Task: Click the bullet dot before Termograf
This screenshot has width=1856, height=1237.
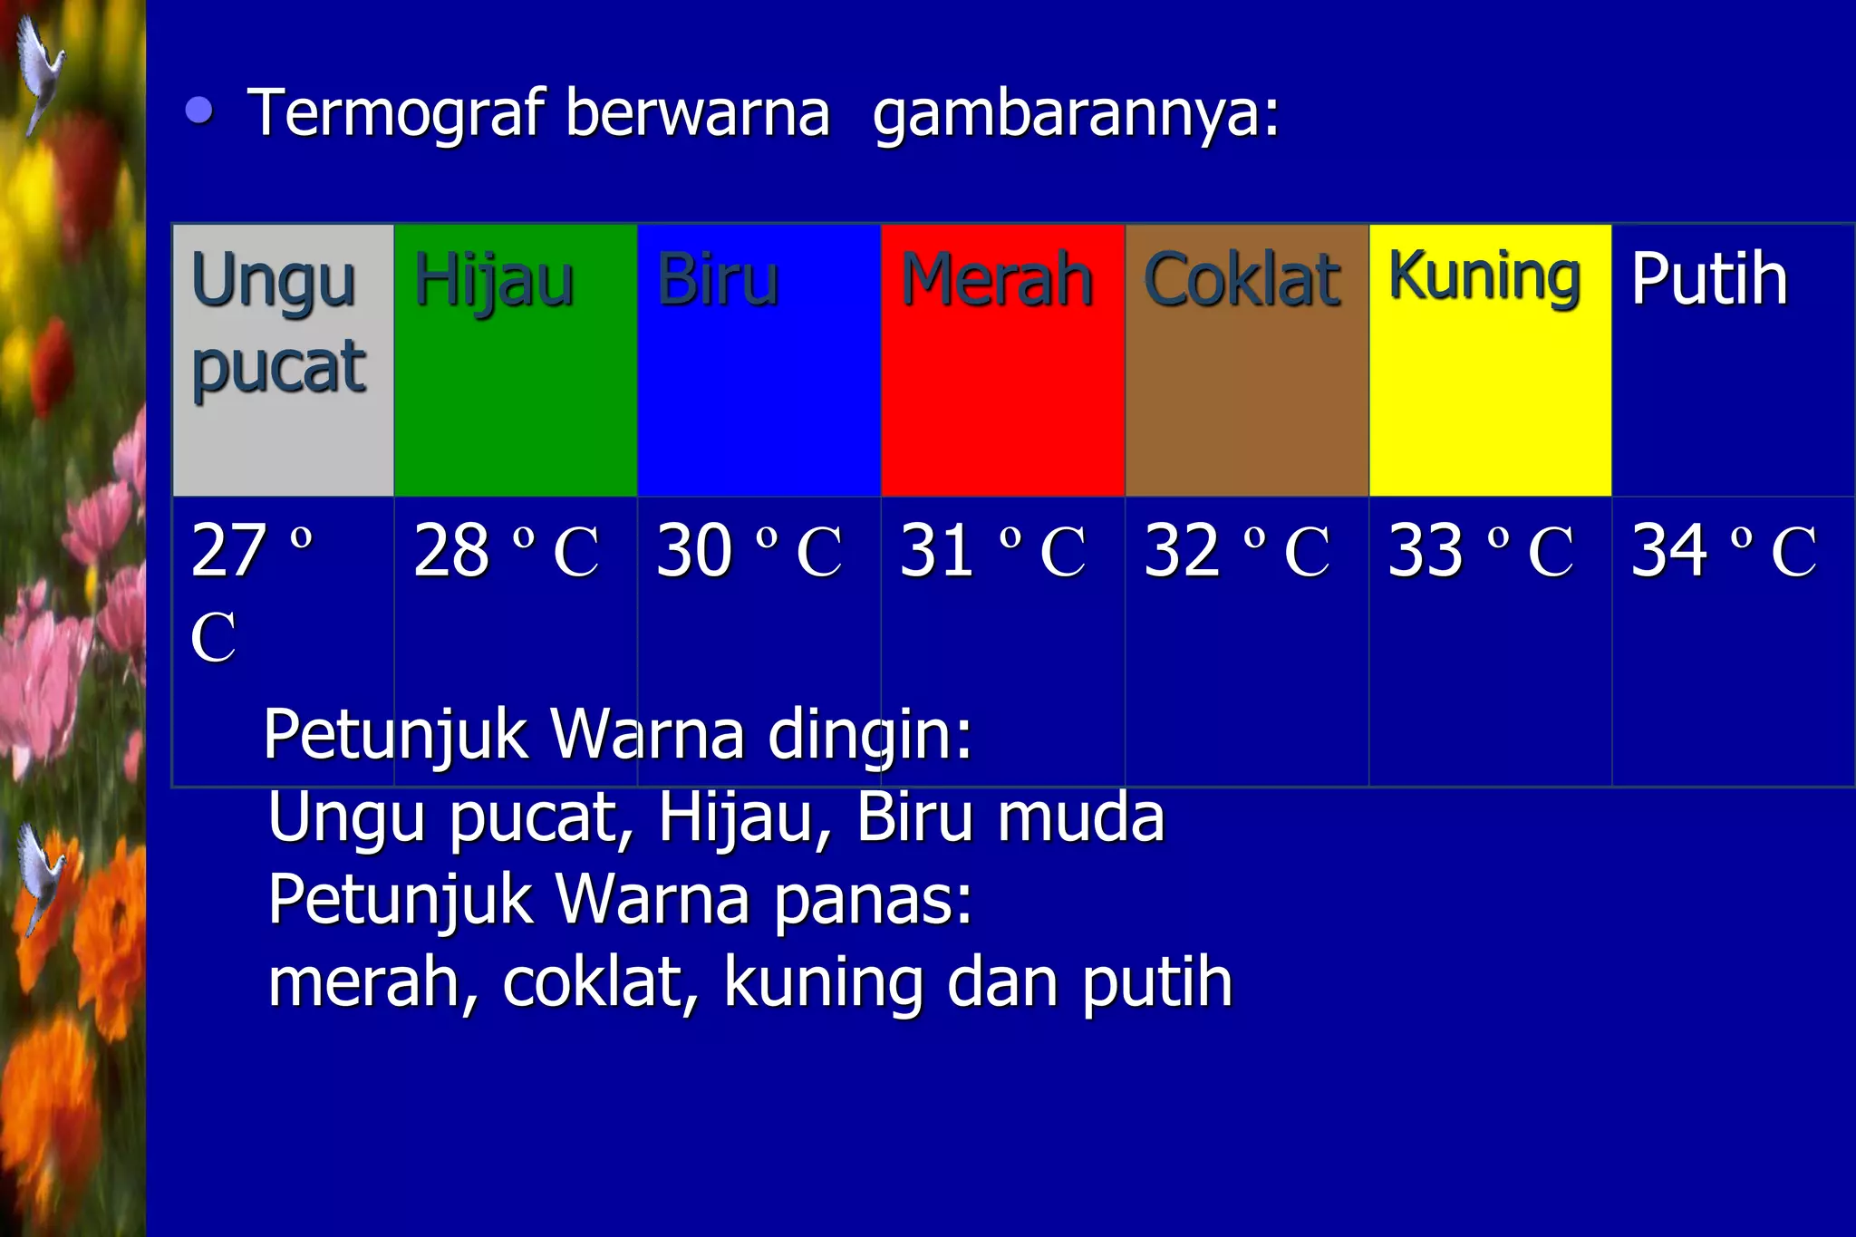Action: [199, 111]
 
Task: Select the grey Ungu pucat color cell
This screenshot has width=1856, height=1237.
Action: [283, 360]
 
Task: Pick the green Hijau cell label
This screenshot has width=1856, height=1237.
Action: [494, 280]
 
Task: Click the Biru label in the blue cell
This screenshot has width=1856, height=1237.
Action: [718, 280]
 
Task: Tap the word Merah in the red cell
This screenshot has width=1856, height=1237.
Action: [997, 280]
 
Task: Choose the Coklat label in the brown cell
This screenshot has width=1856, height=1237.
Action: [1242, 280]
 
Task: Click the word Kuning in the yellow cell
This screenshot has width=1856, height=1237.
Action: [1484, 276]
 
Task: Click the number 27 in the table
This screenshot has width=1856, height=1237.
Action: [228, 550]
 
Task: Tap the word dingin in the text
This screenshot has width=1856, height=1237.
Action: [868, 735]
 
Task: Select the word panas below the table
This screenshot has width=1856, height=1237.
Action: [873, 900]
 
